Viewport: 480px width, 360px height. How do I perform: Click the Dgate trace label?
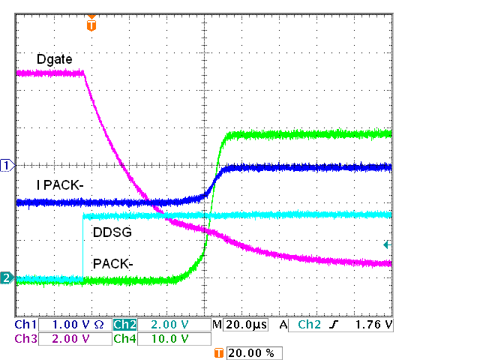(x=55, y=58)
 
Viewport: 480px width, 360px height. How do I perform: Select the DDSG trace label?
(x=112, y=232)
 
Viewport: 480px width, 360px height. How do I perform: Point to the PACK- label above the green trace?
(x=112, y=264)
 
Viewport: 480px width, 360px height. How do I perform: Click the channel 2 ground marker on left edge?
(x=7, y=278)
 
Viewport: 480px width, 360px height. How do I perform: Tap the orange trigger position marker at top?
(x=91, y=25)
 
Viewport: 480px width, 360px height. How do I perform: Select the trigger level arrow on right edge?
(x=387, y=244)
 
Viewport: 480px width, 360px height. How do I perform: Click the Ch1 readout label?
(x=25, y=325)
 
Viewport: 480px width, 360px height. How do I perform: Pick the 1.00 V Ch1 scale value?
(x=72, y=325)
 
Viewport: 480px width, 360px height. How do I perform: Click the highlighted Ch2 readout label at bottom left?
(x=124, y=325)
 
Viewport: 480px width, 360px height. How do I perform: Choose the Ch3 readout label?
(x=25, y=338)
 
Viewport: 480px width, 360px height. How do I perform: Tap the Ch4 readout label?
(x=124, y=338)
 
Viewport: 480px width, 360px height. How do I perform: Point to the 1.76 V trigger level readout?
(x=374, y=325)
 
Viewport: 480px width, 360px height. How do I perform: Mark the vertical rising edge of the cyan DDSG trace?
(x=82, y=247)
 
